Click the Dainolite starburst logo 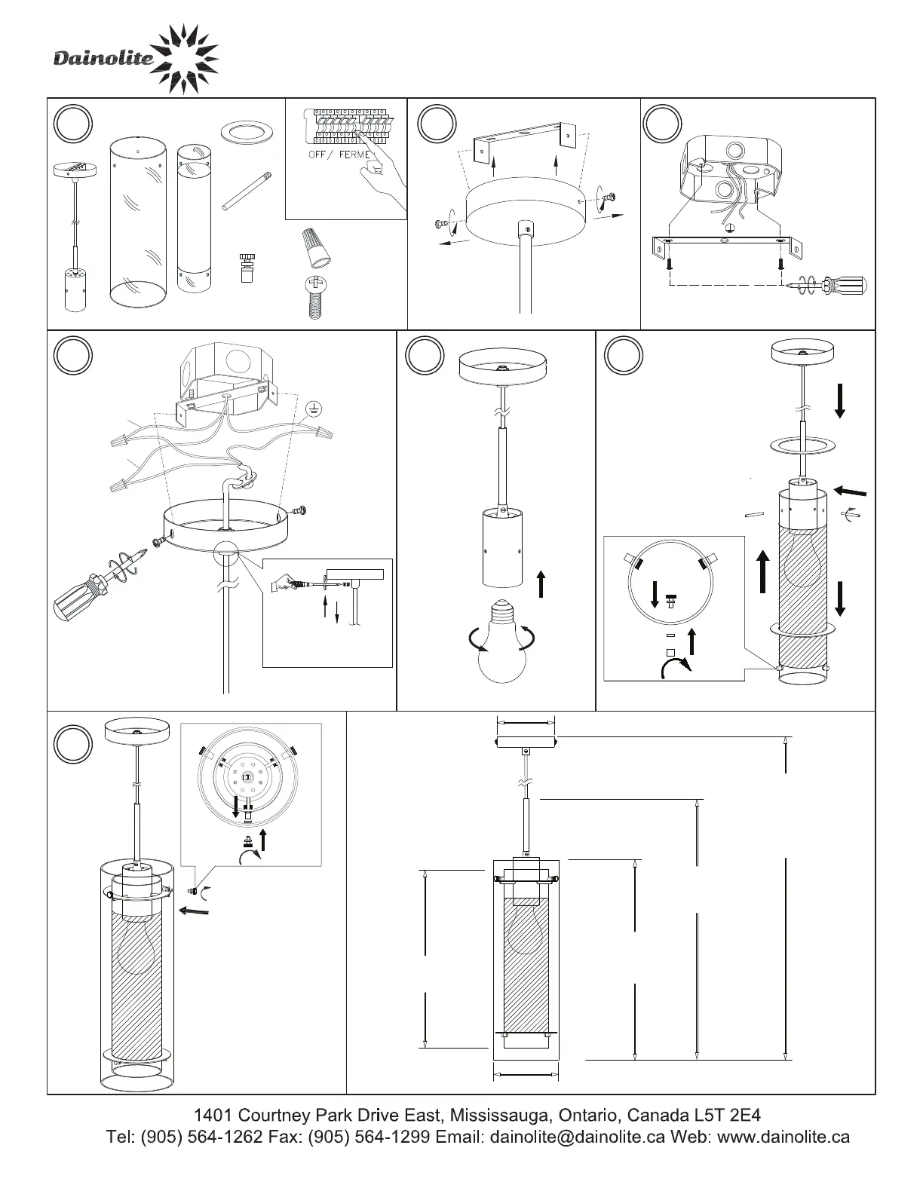click(184, 60)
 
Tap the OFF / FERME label click(339, 155)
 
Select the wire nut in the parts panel click(317, 246)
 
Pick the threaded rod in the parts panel click(247, 191)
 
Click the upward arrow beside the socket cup click(541, 583)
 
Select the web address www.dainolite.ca click(783, 1137)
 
